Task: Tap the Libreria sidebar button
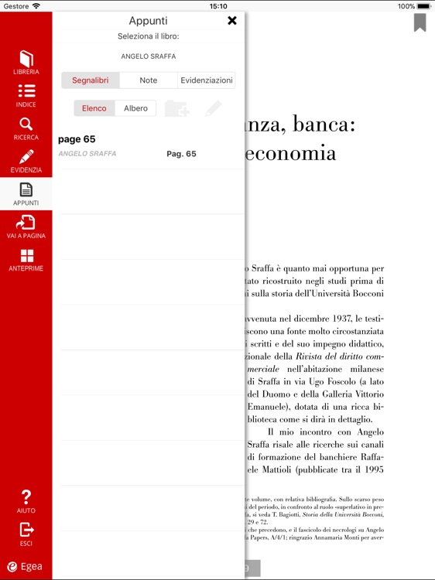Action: pyautogui.click(x=26, y=63)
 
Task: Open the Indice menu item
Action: pyautogui.click(x=26, y=95)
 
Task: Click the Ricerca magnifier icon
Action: pyautogui.click(x=26, y=128)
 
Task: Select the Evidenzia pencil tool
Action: pyautogui.click(x=26, y=161)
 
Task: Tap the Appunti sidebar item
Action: pyautogui.click(x=26, y=193)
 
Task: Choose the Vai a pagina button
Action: pyautogui.click(x=26, y=227)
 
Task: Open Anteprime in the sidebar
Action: pyautogui.click(x=26, y=260)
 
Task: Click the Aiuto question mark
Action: pyautogui.click(x=26, y=501)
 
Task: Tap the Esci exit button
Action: pyautogui.click(x=26, y=534)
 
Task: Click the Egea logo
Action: pyautogui.click(x=25, y=566)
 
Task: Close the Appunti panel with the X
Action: pyautogui.click(x=232, y=21)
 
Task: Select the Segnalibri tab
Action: pyautogui.click(x=91, y=80)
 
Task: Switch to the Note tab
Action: pyautogui.click(x=149, y=80)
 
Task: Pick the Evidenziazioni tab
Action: pyautogui.click(x=206, y=80)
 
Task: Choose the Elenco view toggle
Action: pyautogui.click(x=94, y=108)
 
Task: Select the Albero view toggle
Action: pyautogui.click(x=135, y=108)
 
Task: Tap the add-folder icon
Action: pyautogui.click(x=177, y=109)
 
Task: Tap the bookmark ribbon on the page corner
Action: pyautogui.click(x=420, y=22)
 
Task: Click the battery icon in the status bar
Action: pyautogui.click(x=424, y=5)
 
